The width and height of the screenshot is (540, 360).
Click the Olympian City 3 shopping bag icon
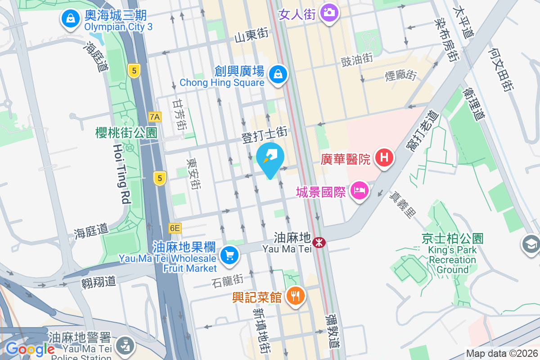pyautogui.click(x=71, y=19)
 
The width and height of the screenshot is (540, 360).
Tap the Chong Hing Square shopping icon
pyautogui.click(x=278, y=74)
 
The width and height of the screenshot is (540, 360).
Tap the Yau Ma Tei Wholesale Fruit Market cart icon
pyautogui.click(x=229, y=255)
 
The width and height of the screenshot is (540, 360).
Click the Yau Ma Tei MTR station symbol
pyautogui.click(x=319, y=243)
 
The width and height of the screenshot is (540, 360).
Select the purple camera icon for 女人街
pyautogui.click(x=329, y=12)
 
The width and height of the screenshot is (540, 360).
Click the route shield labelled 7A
pyautogui.click(x=155, y=117)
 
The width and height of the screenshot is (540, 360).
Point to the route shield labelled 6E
pyautogui.click(x=175, y=228)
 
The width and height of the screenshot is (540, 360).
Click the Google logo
pyautogui.click(x=30, y=349)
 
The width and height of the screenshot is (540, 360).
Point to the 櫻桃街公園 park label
pyautogui.click(x=126, y=133)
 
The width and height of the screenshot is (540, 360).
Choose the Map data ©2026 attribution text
pyautogui.click(x=501, y=354)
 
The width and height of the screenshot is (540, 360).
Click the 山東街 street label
pyautogui.click(x=251, y=35)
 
